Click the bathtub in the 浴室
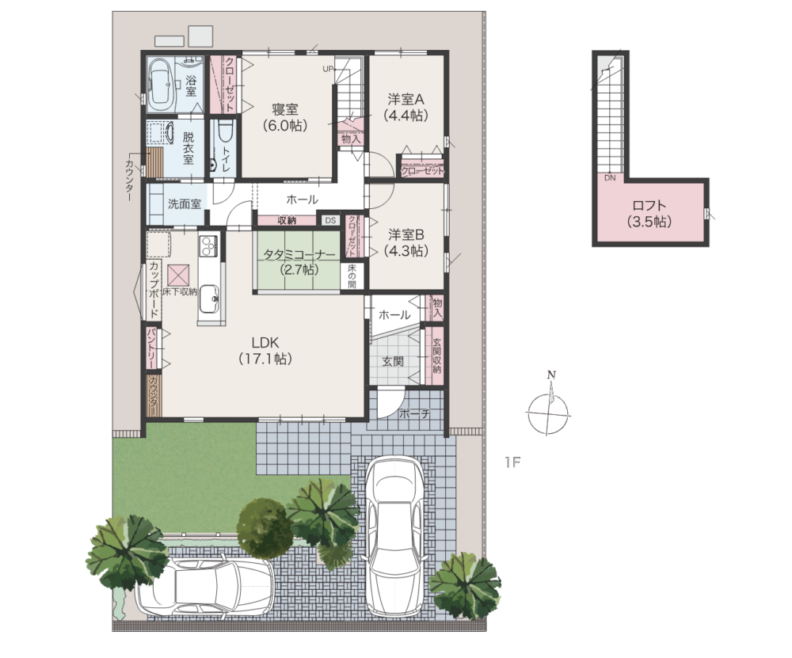(161, 84)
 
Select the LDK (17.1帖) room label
(265, 351)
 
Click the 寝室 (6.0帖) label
(285, 117)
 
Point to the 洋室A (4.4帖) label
(406, 107)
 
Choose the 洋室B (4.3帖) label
(406, 242)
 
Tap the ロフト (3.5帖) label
(649, 213)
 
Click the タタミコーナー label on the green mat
(299, 255)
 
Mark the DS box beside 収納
(330, 220)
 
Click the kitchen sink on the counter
(208, 299)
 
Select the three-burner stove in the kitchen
(208, 246)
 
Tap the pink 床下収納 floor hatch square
(179, 276)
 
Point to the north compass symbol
(548, 406)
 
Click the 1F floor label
(512, 462)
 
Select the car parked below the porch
(395, 536)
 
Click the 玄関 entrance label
(393, 362)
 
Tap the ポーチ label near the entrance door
(414, 413)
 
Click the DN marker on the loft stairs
(610, 177)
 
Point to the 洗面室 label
(185, 204)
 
